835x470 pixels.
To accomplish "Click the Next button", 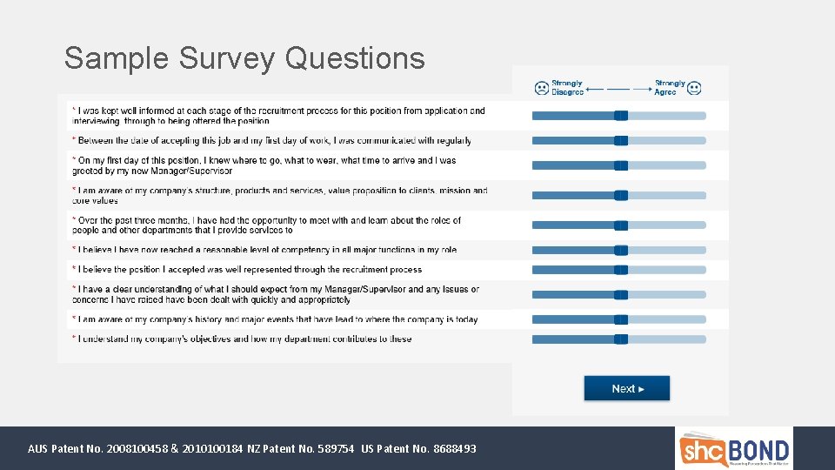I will tap(626, 388).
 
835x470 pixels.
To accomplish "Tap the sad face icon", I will tap(542, 88).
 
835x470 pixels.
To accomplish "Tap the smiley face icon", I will tap(693, 88).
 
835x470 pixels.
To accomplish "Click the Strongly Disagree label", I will tap(568, 88).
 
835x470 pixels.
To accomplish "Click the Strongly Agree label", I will tap(669, 88).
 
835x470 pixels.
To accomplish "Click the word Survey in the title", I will tap(227, 58).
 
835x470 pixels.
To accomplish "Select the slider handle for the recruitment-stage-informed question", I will tap(621, 116).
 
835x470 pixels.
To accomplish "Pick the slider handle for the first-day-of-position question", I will tap(621, 165).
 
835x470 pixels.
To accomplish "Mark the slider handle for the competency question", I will tap(621, 251).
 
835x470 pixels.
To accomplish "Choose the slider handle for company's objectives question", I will tap(621, 339).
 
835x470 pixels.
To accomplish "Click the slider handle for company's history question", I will tap(621, 319).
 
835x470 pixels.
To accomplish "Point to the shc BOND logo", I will tap(734, 449).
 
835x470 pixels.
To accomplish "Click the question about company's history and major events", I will tap(278, 319).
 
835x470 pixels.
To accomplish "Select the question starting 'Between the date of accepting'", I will tap(275, 140).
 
